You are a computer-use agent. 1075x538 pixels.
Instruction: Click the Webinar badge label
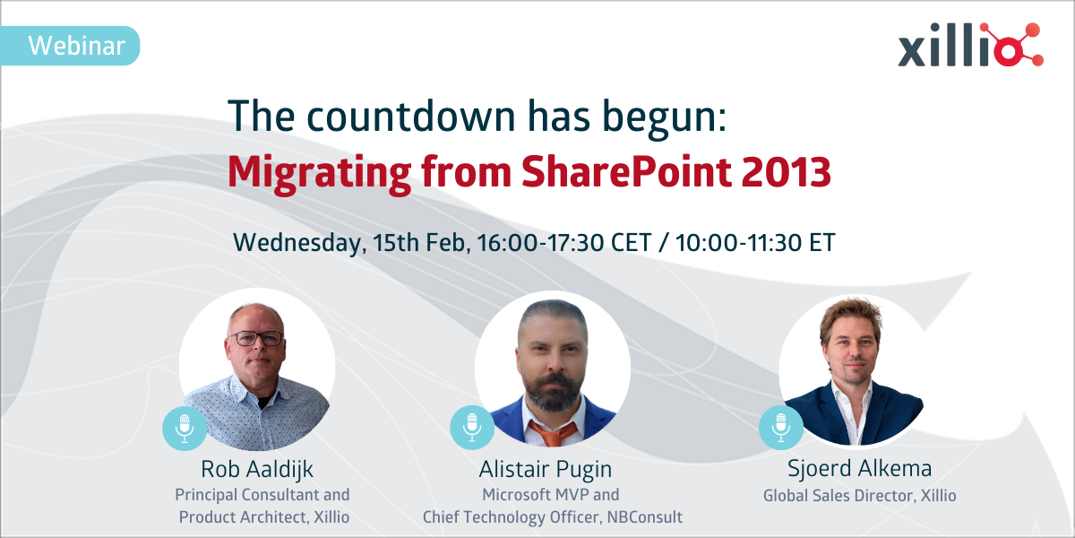point(75,46)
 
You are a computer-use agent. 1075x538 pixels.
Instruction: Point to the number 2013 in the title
point(785,170)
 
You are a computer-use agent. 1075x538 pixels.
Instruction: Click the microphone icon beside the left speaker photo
point(185,427)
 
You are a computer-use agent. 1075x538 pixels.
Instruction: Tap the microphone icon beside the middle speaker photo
point(472,427)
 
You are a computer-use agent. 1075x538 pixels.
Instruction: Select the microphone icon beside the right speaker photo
point(781,427)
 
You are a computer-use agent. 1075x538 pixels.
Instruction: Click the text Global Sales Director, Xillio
point(848,495)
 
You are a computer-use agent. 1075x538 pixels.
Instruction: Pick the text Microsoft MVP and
point(550,495)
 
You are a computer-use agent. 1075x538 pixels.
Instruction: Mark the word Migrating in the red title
point(314,170)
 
